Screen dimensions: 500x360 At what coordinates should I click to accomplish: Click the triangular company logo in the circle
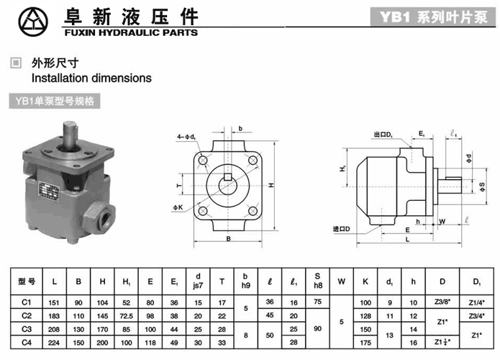pos(33,22)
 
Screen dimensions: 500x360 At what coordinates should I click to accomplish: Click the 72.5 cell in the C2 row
pos(127,316)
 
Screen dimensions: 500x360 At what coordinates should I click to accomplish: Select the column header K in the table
pos(365,282)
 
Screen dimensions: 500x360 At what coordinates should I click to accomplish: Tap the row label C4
pos(27,343)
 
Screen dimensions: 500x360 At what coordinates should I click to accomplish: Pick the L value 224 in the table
pos(54,343)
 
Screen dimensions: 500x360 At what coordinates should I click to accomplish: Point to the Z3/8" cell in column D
pos(442,302)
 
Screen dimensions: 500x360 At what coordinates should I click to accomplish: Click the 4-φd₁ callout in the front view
pos(186,137)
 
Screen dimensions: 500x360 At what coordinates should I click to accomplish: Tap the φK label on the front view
pos(178,207)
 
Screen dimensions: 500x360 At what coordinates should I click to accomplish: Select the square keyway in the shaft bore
pos(227,177)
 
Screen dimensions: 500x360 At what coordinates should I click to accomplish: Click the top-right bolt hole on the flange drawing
pos(253,161)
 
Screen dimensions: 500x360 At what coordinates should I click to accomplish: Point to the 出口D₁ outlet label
pos(383,135)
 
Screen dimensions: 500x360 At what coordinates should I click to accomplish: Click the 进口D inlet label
pos(342,229)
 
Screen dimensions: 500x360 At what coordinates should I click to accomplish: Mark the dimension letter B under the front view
pos(228,239)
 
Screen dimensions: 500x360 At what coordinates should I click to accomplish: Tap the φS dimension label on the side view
pos(482,186)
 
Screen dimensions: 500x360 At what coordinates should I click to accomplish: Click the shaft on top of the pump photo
pos(71,135)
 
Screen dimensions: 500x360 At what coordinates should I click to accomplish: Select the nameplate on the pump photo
pos(49,192)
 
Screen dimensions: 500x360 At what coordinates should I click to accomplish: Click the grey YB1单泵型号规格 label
pos(55,102)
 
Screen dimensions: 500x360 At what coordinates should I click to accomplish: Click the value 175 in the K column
pos(365,343)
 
